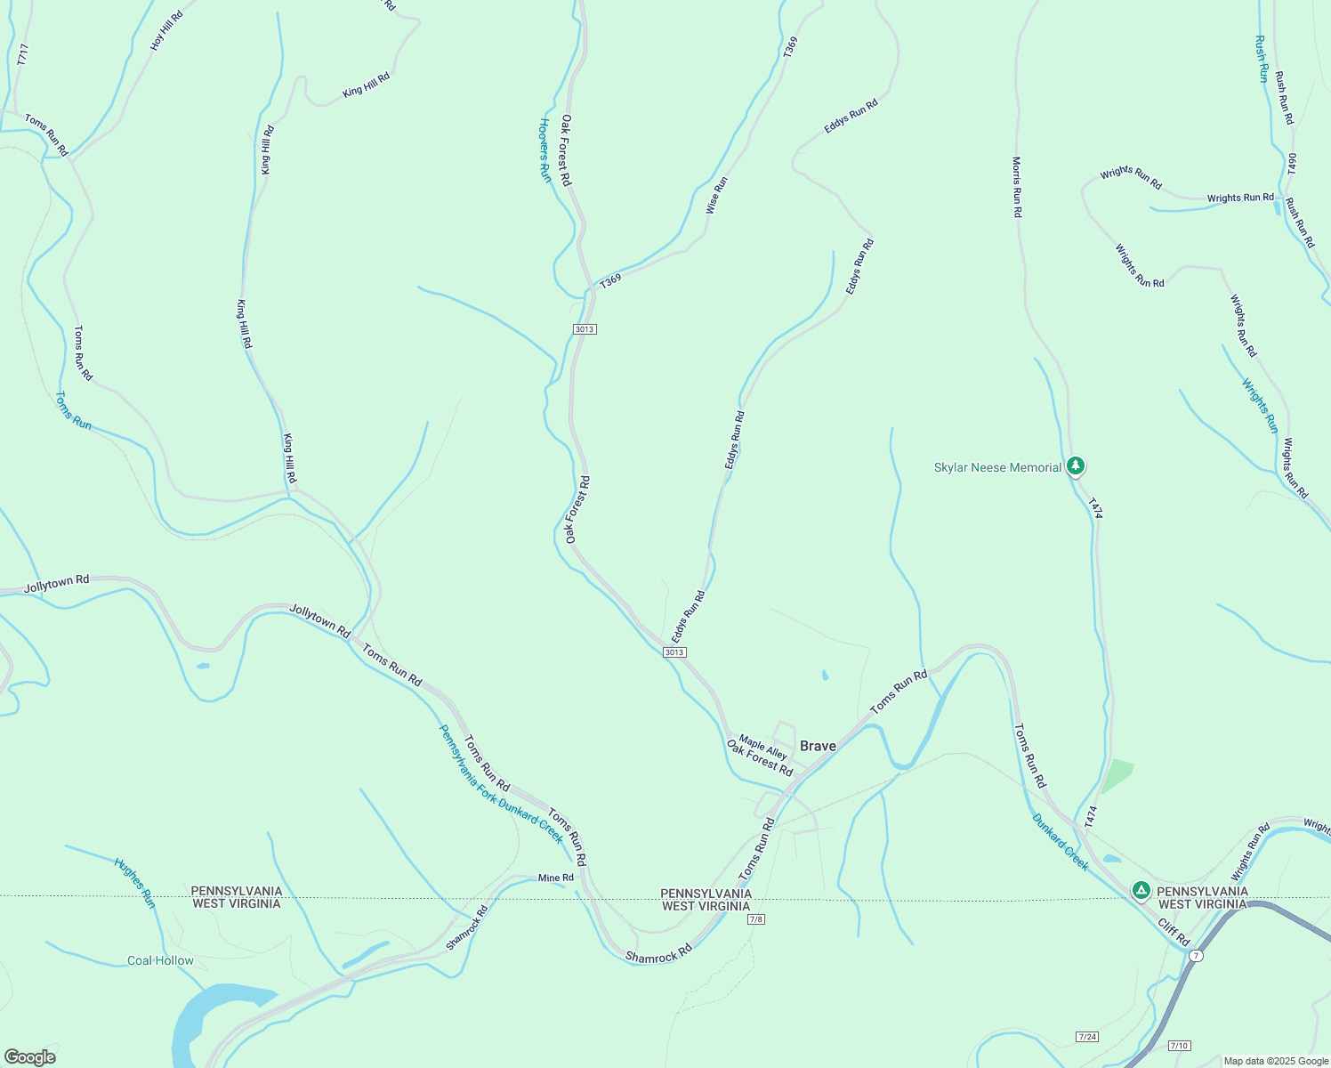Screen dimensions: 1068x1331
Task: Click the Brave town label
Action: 818,746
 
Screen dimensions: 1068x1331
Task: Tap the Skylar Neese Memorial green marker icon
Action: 1076,465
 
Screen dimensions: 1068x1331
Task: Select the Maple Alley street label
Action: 762,747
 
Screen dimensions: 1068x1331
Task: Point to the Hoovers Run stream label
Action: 545,150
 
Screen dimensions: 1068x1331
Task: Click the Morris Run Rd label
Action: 1017,187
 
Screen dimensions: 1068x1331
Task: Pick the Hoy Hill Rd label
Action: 166,29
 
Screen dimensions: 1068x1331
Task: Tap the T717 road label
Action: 23,54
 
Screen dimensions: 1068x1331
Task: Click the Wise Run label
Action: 716,195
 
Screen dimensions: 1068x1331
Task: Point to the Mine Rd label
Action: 556,878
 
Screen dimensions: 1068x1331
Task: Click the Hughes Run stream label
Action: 134,883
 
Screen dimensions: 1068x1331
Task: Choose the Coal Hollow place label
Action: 160,960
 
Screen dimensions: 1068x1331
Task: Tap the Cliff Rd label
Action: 1174,932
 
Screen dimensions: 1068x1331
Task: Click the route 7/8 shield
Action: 756,919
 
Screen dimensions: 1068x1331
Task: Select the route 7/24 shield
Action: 1086,1037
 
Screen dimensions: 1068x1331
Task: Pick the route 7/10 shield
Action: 1179,1046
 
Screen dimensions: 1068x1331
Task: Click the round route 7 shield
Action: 1197,956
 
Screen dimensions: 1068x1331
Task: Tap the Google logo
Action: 29,1057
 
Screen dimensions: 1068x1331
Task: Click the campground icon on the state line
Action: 1141,890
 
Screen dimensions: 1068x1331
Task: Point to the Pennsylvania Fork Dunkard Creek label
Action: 501,783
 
